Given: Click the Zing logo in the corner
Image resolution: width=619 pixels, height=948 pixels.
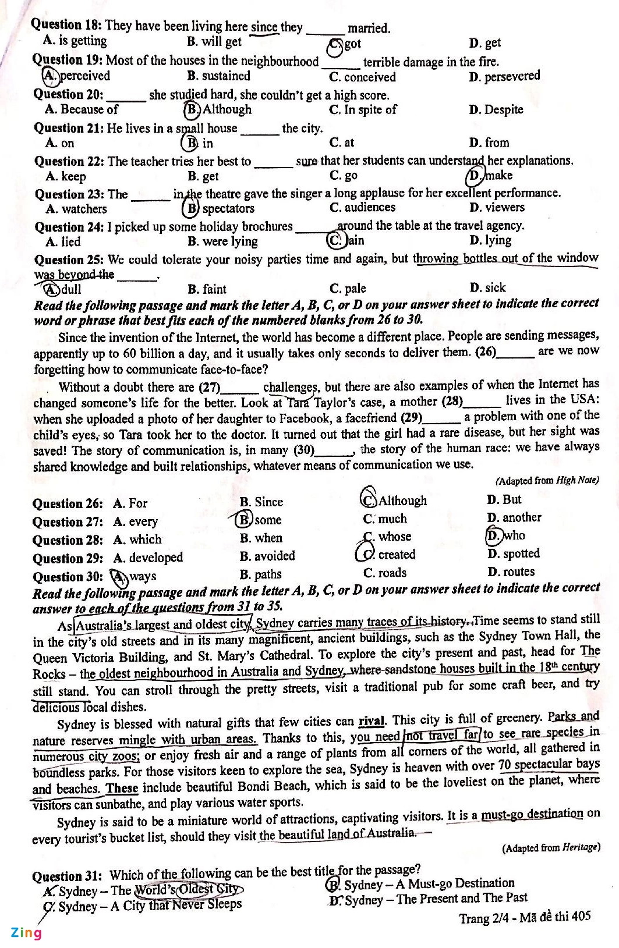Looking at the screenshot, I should [x=26, y=932].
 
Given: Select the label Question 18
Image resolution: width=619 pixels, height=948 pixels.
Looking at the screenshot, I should [x=66, y=25].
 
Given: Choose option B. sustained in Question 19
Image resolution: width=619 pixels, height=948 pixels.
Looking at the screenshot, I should [x=218, y=76].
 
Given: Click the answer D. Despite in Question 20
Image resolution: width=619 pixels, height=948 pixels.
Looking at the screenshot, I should [x=496, y=109].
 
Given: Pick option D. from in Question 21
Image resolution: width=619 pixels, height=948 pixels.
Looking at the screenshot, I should [x=489, y=143].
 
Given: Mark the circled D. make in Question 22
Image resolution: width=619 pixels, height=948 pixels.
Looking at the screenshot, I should [x=490, y=175].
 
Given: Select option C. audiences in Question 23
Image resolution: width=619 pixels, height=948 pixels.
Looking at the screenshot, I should [x=362, y=208].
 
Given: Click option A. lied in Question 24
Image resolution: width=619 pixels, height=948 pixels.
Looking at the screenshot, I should [x=63, y=242].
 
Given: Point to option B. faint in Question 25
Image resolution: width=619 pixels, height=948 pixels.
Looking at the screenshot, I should [x=207, y=289].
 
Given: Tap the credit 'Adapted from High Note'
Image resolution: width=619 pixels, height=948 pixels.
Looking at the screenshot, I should [x=547, y=480].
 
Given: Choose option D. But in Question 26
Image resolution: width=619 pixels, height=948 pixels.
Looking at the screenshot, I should [x=504, y=500].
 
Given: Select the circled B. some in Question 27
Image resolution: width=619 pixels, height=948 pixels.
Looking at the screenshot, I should [x=259, y=520].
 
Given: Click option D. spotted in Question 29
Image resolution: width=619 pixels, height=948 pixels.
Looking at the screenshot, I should [x=513, y=553].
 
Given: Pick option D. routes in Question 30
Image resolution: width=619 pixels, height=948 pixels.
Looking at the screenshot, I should [x=511, y=571].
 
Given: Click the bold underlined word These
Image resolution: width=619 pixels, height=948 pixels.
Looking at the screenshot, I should [x=122, y=789].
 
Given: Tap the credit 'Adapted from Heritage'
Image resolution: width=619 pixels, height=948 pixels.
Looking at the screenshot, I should [x=551, y=848].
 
